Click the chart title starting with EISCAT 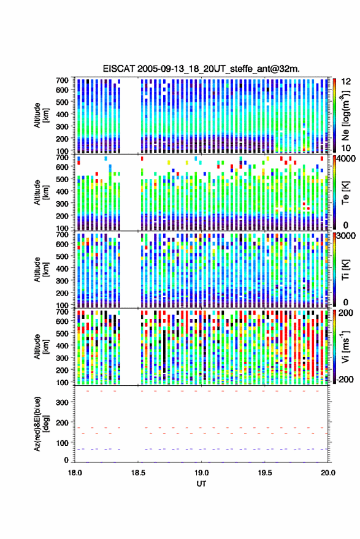[x=201, y=69]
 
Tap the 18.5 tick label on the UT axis [x=138, y=473]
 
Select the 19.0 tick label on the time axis [x=202, y=473]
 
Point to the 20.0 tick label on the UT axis [x=328, y=473]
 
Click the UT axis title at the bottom [x=202, y=484]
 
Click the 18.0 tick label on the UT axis [x=75, y=473]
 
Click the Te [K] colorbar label [x=345, y=193]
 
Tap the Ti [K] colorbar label [x=345, y=270]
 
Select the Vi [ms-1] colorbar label [x=345, y=346]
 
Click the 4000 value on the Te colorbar [x=347, y=159]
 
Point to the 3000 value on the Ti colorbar [x=347, y=236]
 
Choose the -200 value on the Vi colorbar [x=345, y=380]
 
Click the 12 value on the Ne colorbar [x=347, y=82]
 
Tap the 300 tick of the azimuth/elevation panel [x=62, y=402]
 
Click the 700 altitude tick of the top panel [x=62, y=80]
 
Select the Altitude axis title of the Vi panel [x=41, y=346]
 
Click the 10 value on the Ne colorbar [x=347, y=148]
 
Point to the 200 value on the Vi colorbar [x=345, y=313]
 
